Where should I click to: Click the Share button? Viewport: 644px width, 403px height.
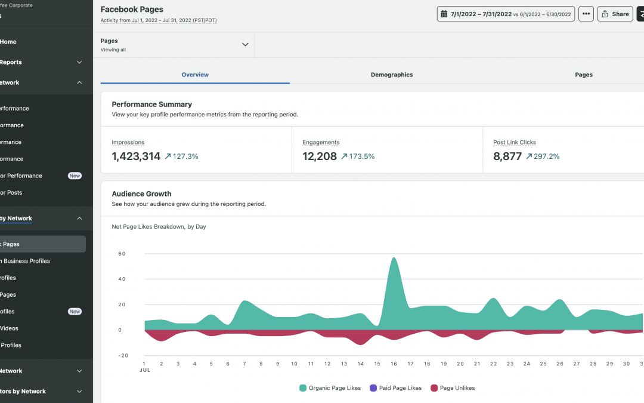(615, 14)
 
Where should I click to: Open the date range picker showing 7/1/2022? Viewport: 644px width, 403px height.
(505, 14)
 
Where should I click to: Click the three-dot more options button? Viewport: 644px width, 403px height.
(586, 14)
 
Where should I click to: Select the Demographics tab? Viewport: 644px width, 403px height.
(391, 75)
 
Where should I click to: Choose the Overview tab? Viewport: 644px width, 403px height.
(195, 75)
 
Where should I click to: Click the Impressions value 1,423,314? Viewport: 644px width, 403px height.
(136, 156)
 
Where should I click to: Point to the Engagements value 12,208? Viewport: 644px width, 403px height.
(320, 156)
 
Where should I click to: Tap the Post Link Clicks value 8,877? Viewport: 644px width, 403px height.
(507, 156)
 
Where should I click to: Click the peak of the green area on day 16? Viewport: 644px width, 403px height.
(394, 259)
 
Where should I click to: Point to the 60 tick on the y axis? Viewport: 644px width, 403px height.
(122, 254)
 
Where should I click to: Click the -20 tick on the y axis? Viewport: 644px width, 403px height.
(122, 355)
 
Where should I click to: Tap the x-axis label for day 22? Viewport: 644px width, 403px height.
(493, 364)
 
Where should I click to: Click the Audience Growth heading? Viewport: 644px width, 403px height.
(141, 193)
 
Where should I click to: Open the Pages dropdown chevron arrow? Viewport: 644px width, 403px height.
(244, 45)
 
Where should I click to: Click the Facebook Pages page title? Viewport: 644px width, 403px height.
(132, 10)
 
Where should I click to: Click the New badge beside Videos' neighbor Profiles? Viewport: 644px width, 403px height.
(75, 311)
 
